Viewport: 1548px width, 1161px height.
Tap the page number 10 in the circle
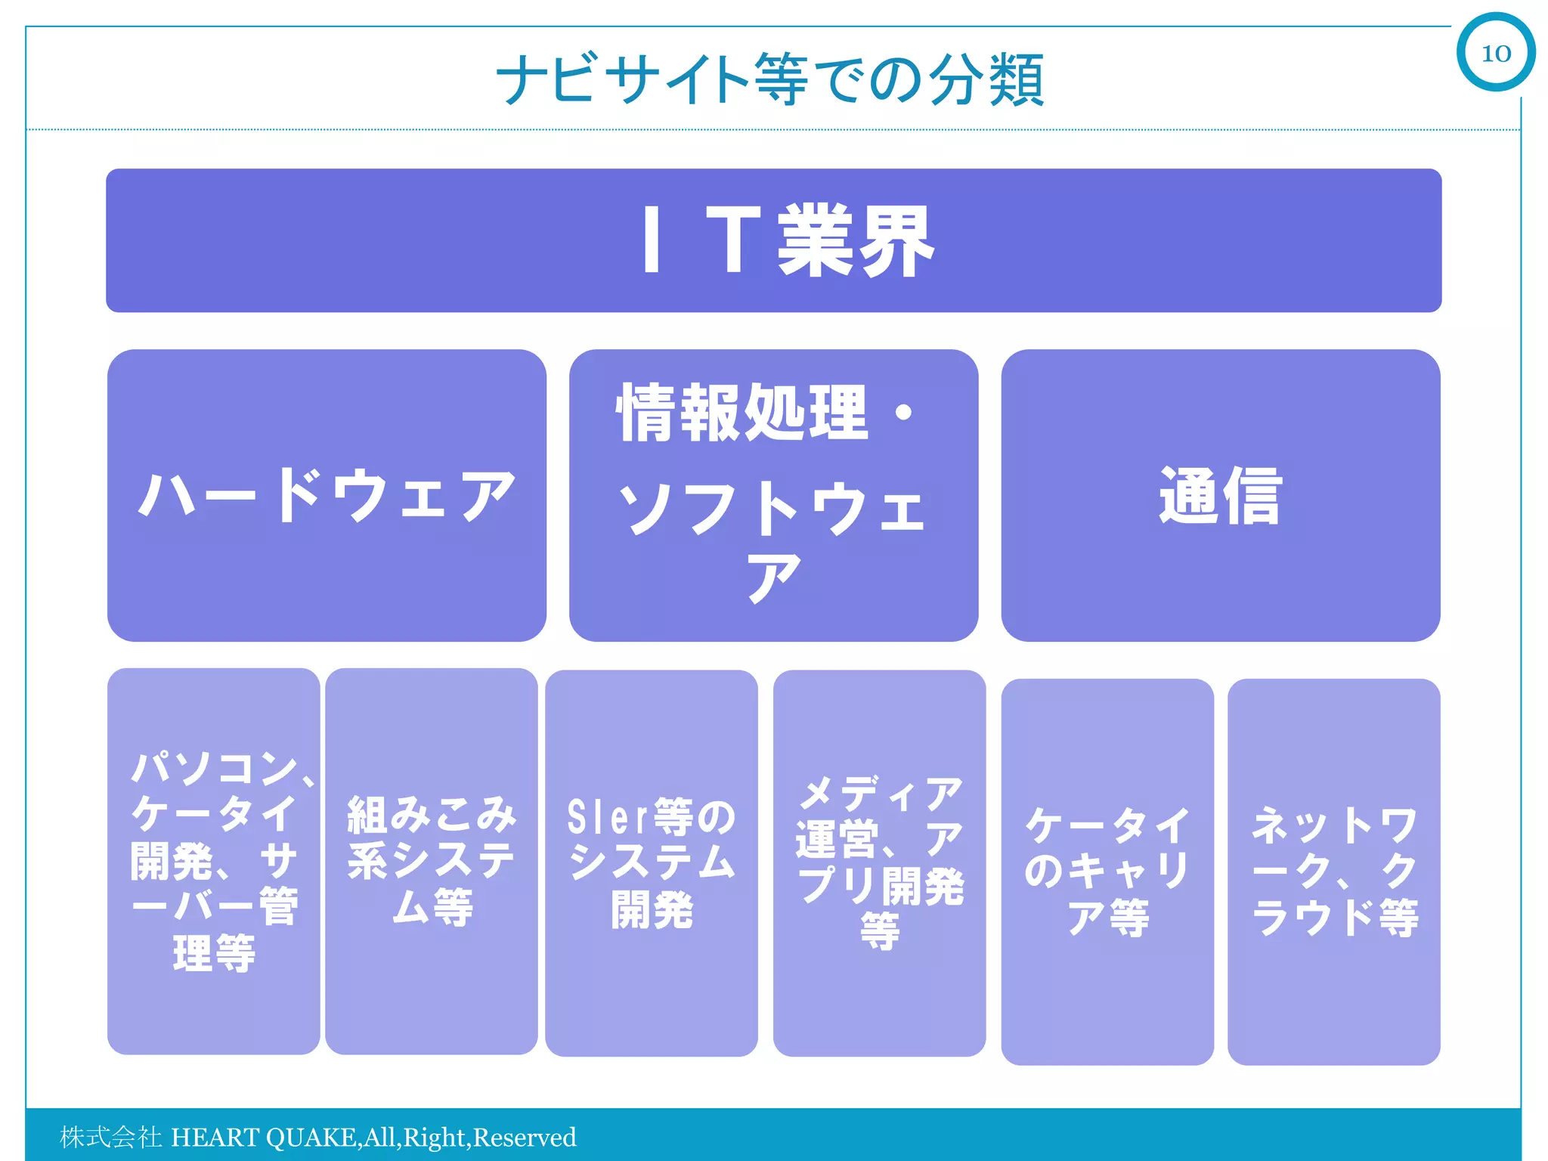point(1496,53)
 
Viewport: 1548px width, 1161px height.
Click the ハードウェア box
point(327,495)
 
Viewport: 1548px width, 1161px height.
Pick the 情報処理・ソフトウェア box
point(773,495)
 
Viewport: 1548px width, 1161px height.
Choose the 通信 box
point(1220,495)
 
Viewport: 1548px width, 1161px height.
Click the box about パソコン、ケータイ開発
point(214,861)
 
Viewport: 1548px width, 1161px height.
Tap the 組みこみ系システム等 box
point(432,861)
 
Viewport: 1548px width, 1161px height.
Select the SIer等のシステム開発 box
point(652,862)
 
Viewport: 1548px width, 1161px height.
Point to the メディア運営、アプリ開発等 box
point(879,862)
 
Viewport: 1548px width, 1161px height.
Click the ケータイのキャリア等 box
point(1107,872)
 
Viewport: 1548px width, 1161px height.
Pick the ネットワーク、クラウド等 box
point(1333,872)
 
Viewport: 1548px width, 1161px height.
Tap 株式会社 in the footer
point(110,1137)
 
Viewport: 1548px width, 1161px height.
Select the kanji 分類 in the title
point(987,79)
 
